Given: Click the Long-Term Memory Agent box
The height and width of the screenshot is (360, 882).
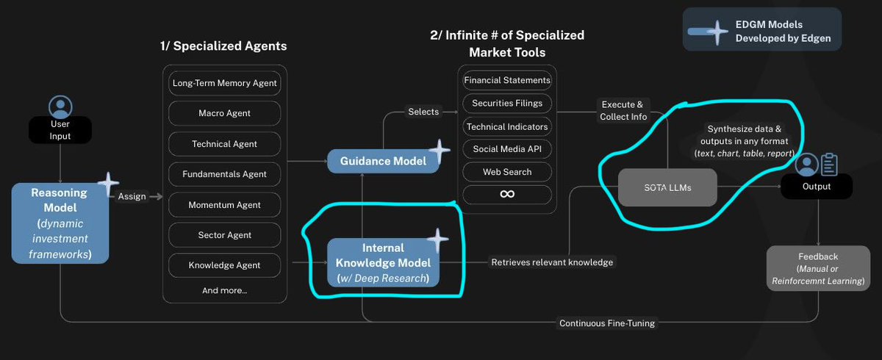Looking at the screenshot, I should coord(224,83).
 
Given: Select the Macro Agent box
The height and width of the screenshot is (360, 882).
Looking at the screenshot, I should coord(224,113).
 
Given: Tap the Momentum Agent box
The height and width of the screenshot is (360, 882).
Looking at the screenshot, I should coord(224,204).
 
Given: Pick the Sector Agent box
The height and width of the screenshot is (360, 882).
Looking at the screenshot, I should coord(224,235).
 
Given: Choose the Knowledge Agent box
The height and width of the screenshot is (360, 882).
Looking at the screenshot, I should coord(224,265).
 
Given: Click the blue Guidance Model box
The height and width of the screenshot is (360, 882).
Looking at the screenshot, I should coord(383,161).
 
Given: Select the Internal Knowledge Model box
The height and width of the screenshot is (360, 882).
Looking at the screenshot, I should coord(383,262).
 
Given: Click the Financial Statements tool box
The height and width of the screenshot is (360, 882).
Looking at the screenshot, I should coord(506,80).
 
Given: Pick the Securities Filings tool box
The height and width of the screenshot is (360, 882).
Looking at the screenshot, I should coord(506,104).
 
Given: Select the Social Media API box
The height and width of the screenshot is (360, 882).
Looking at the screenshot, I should coord(506,149).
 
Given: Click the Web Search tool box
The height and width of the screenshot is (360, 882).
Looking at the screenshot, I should coord(506,172).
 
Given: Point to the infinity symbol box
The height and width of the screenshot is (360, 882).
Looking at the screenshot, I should coord(506,194).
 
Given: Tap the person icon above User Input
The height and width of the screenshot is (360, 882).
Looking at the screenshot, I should coord(59,105).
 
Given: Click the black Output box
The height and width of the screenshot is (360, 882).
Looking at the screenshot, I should coord(817,187).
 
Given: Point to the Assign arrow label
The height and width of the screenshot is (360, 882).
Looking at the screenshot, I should coord(132,196).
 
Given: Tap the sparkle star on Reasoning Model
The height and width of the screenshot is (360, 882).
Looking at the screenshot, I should coord(107,184).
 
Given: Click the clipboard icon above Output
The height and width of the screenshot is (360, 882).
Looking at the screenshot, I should coord(829,165).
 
